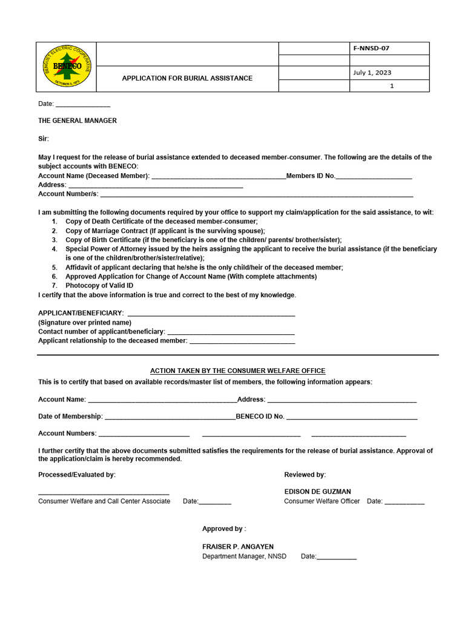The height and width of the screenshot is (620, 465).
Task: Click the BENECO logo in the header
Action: [66, 67]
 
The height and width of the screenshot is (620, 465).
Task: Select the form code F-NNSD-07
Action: [375, 48]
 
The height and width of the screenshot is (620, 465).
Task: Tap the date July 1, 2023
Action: [372, 73]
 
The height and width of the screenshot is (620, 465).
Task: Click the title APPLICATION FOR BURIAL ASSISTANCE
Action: [187, 79]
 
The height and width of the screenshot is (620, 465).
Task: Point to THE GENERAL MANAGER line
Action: [77, 121]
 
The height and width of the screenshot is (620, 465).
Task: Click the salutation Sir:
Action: [44, 139]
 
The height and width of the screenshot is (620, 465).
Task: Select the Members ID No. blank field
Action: [374, 177]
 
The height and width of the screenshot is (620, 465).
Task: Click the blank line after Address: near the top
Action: [156, 186]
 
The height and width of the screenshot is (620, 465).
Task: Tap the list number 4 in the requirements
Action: [54, 249]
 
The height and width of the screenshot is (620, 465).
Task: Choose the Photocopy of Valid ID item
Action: [99, 286]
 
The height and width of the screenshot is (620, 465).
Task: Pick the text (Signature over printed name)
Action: [85, 323]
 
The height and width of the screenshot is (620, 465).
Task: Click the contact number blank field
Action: [231, 332]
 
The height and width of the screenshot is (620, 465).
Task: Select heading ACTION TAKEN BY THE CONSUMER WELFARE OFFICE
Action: [237, 371]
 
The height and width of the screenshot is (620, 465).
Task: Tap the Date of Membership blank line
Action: [170, 418]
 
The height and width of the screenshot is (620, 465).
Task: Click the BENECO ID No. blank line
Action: [352, 418]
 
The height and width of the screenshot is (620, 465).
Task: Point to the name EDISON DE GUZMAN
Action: [317, 492]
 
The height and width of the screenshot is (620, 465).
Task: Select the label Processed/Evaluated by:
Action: [77, 475]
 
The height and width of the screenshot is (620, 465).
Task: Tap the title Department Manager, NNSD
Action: [244, 556]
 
